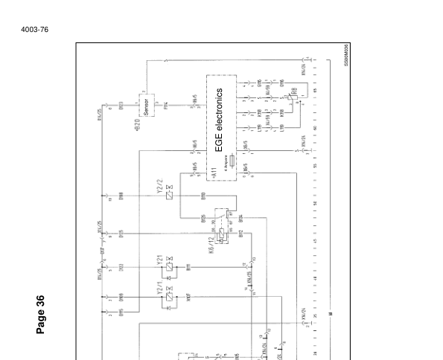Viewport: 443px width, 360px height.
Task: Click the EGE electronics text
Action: point(220,121)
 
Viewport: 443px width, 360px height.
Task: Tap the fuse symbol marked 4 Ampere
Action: point(233,159)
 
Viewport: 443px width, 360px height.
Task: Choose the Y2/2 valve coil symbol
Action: point(170,195)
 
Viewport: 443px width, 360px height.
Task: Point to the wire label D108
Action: point(121,198)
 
